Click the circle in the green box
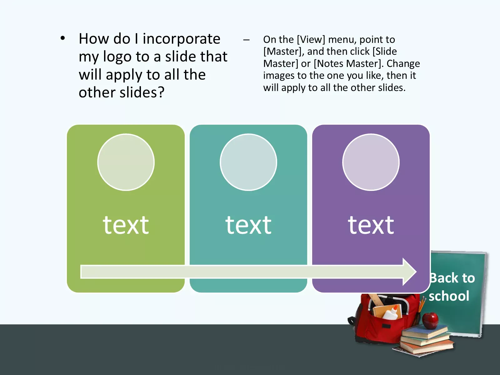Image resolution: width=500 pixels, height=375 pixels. [126, 162]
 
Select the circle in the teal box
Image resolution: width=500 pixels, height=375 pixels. [248, 162]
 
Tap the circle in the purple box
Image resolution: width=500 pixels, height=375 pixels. [371, 162]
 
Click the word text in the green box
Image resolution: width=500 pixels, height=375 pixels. [126, 225]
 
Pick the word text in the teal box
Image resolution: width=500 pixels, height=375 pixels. [248, 225]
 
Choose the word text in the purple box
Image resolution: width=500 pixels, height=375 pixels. [371, 225]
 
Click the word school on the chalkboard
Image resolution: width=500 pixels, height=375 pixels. [449, 296]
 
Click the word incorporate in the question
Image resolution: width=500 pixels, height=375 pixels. [182, 39]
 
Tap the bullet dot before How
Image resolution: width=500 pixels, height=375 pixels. [62, 38]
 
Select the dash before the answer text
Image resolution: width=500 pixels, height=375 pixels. [246, 40]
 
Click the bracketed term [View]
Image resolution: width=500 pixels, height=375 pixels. [311, 40]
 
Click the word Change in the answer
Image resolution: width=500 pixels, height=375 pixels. [403, 63]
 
